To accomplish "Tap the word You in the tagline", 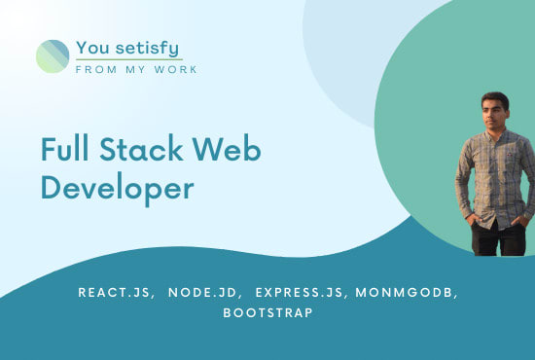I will pos(94,47).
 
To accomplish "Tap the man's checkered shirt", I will pos(495,175).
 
